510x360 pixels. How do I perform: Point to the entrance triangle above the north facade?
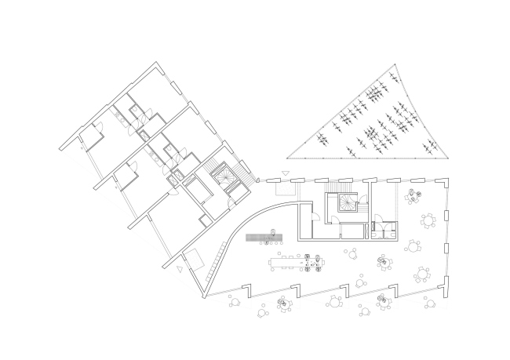coord(287,172)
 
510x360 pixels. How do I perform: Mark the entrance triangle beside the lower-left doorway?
coord(180,269)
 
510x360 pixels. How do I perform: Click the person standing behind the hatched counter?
coord(271,231)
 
